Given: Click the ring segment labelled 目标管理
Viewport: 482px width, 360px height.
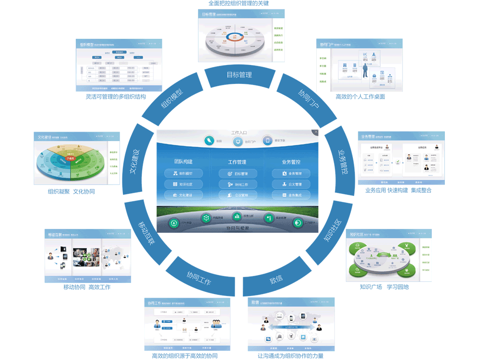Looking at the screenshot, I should click(x=239, y=75).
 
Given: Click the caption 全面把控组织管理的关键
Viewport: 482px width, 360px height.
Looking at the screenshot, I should click(x=239, y=3).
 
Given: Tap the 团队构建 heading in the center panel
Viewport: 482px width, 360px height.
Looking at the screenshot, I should click(x=183, y=162).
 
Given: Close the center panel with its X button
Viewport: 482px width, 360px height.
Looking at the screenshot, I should click(x=315, y=132).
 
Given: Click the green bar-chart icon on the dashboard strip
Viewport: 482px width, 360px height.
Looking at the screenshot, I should click(x=237, y=216).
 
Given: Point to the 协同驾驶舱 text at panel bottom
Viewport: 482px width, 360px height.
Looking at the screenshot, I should click(x=238, y=228).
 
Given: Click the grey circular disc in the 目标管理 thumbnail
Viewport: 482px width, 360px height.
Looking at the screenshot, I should click(x=235, y=40).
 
